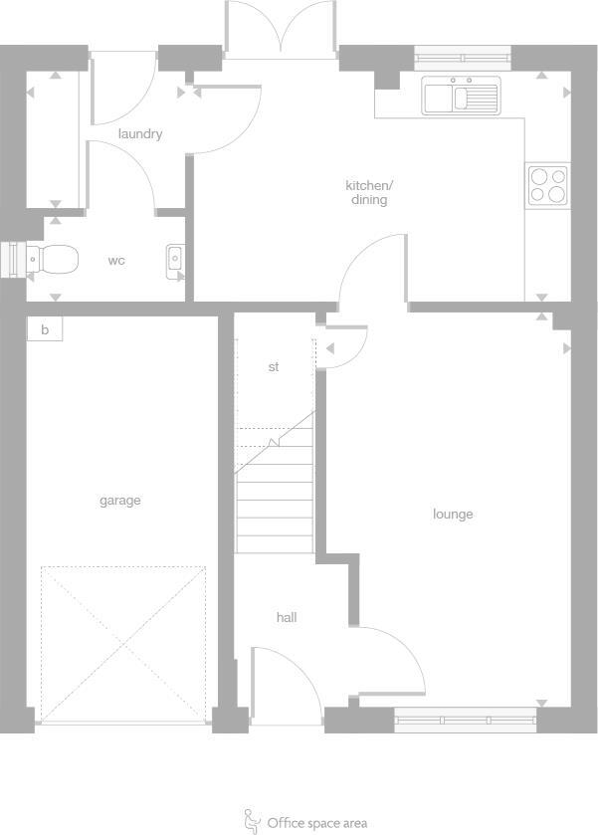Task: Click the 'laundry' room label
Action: [139, 134]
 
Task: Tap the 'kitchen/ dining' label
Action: [369, 192]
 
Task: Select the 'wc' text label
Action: [116, 261]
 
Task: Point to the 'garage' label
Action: [119, 501]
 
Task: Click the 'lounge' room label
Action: [453, 515]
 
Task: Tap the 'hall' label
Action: [287, 618]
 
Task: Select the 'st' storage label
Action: [274, 367]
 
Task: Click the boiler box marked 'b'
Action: [45, 329]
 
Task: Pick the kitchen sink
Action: [459, 97]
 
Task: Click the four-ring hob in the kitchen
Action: [548, 185]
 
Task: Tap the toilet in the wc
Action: [52, 260]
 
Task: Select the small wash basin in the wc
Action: [175, 260]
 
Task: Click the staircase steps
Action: [275, 498]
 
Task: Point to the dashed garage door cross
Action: [123, 643]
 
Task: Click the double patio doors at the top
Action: [282, 28]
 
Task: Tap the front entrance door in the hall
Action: [285, 687]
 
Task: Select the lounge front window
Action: [465, 720]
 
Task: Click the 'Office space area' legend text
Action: [316, 823]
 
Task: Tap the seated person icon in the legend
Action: [252, 821]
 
